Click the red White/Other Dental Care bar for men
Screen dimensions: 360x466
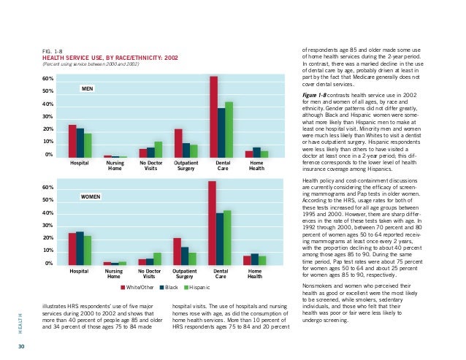tap(214, 117)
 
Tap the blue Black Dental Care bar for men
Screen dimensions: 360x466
tap(221, 132)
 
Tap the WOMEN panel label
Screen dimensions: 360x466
tap(91, 197)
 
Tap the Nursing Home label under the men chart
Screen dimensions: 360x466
tap(115, 166)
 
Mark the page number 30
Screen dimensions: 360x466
tap(21, 345)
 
